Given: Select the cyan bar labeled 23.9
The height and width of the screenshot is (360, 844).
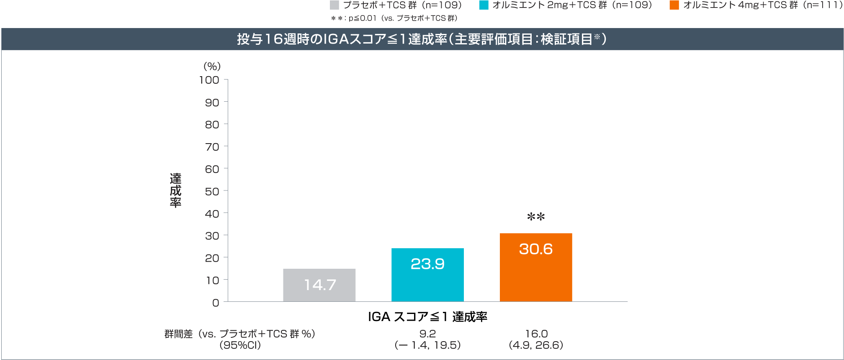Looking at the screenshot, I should tap(427, 275).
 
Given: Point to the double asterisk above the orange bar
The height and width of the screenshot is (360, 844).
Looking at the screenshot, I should tap(536, 217).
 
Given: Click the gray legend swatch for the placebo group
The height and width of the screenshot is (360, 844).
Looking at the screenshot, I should tap(334, 5).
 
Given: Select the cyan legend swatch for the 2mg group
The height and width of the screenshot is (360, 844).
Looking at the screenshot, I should tap(484, 5).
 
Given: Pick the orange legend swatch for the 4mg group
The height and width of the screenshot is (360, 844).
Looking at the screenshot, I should tap(674, 5).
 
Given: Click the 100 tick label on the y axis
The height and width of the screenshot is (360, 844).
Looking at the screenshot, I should tap(209, 80).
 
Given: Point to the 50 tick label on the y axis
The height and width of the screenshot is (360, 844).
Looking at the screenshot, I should tap(212, 191).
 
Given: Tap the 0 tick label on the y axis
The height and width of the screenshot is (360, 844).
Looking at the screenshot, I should tap(216, 303).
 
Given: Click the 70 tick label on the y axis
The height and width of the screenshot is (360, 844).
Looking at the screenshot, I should tap(212, 147).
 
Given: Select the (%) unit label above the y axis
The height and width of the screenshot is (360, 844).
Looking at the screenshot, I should tap(212, 66).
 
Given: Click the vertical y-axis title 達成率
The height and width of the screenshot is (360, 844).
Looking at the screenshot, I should tap(175, 190).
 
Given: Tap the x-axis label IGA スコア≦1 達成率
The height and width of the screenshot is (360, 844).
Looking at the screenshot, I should tap(427, 317).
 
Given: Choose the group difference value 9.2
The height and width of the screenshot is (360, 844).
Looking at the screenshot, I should tap(427, 334).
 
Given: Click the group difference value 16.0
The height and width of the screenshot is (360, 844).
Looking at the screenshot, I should tap(536, 334).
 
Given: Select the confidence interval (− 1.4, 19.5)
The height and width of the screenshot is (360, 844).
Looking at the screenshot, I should tap(427, 345).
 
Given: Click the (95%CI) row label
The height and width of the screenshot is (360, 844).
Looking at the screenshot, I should tap(240, 345).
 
